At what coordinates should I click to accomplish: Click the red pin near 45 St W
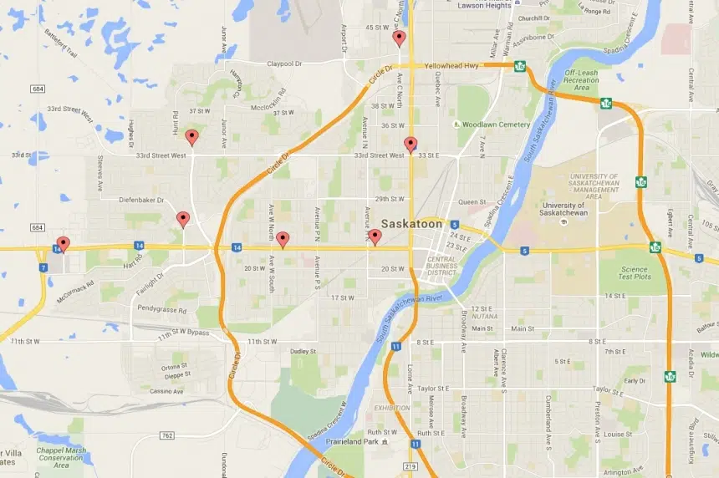point(399,38)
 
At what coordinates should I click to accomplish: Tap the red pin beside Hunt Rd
point(191,137)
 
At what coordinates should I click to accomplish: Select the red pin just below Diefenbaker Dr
point(183,219)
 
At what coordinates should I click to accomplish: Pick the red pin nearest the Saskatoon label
point(375,237)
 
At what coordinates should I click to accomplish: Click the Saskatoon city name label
point(411,224)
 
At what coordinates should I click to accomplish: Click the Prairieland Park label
point(354,441)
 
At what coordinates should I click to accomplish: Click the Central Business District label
point(441,265)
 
